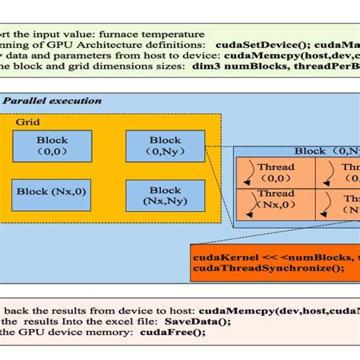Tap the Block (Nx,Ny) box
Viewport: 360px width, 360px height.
tap(165, 195)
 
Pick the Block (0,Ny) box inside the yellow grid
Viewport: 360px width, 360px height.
tap(165, 145)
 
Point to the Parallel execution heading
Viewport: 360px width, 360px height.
tap(52, 100)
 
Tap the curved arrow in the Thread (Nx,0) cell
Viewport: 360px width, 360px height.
tap(249, 204)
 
